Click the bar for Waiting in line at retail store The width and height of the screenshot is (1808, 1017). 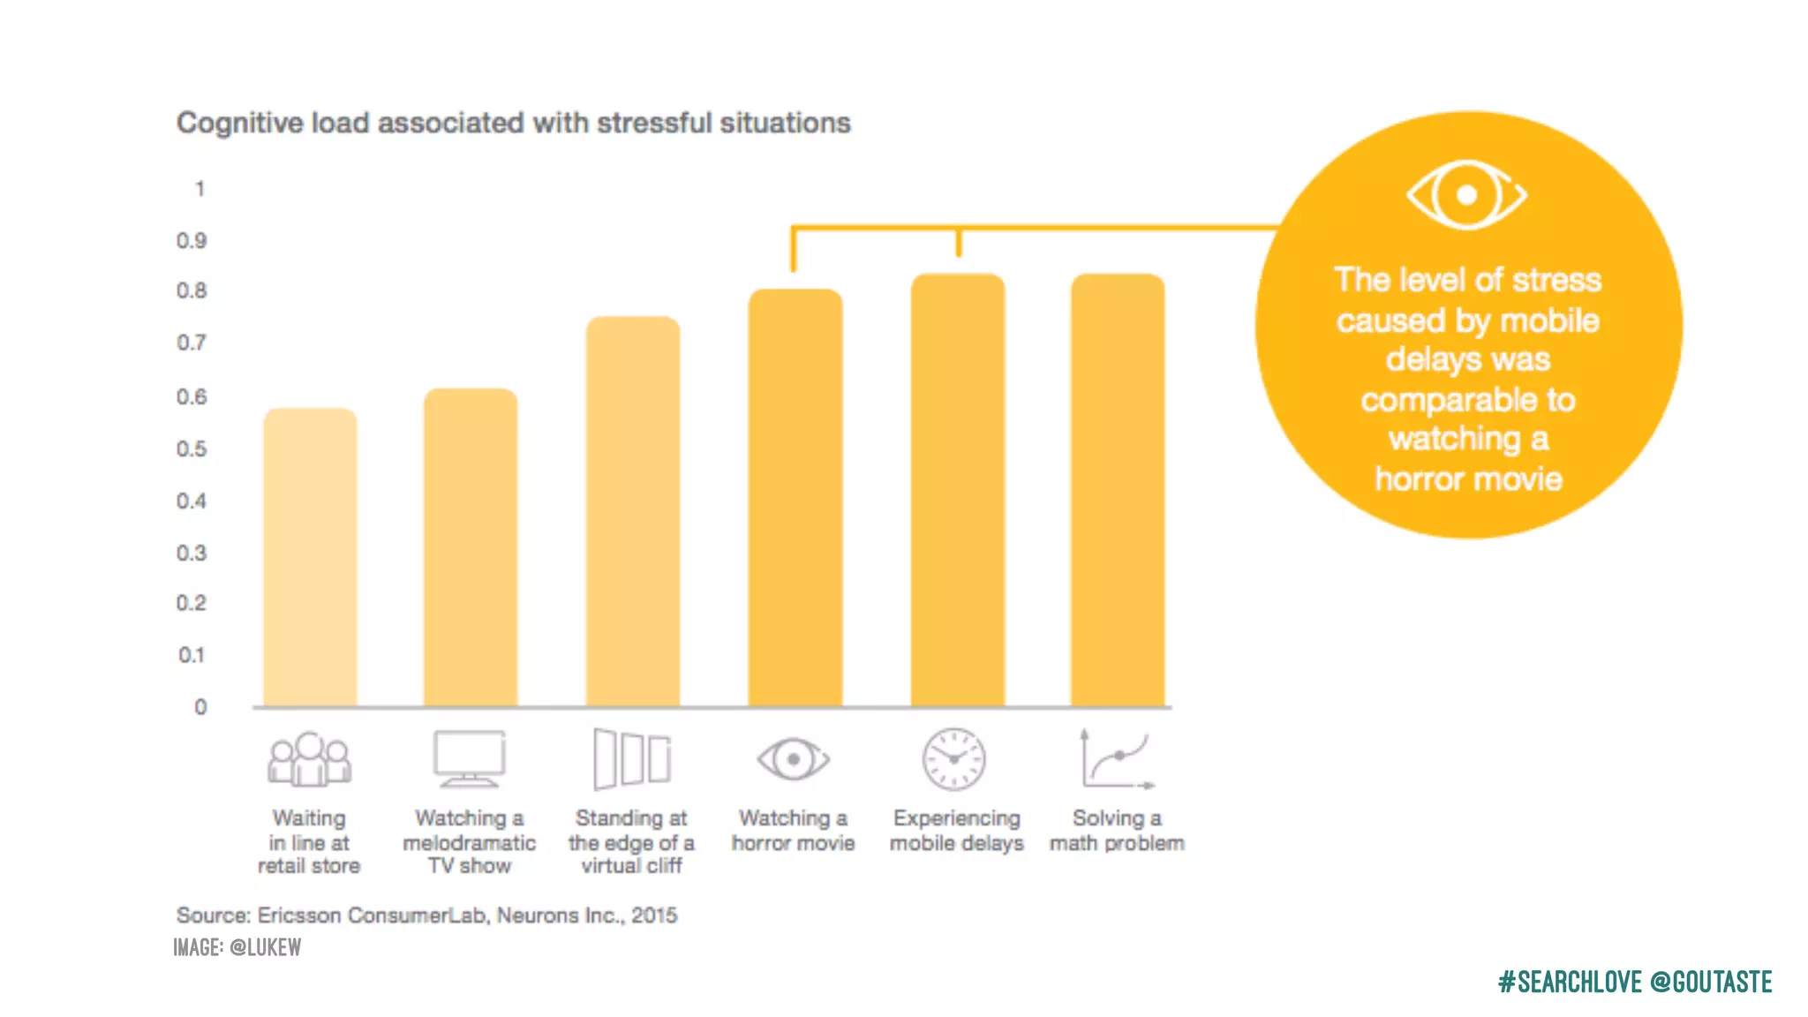(x=310, y=558)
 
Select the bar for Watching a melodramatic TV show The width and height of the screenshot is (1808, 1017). (x=470, y=547)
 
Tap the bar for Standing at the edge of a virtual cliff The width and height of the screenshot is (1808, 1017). (x=632, y=512)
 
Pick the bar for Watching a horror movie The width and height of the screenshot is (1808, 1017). (x=795, y=498)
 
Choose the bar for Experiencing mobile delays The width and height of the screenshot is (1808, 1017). (x=958, y=491)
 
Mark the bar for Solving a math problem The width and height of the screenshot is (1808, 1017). (x=1118, y=491)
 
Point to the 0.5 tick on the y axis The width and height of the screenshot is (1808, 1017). (x=192, y=449)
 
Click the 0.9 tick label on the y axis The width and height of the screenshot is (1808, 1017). (x=192, y=241)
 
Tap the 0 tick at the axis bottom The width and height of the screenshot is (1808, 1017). (x=200, y=707)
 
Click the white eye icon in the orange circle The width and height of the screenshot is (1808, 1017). (x=1466, y=195)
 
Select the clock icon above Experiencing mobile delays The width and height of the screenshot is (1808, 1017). (x=953, y=759)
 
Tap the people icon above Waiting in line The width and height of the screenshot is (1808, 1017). (x=309, y=759)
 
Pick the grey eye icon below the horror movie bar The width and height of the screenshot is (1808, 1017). (x=794, y=759)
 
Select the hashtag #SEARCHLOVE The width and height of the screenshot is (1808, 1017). (x=1569, y=982)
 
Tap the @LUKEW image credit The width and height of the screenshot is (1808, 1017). (x=265, y=948)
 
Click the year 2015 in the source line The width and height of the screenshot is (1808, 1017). (x=654, y=915)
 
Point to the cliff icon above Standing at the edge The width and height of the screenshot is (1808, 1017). (x=632, y=759)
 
